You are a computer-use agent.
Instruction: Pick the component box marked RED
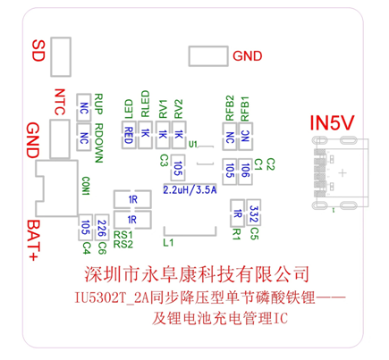click(130, 135)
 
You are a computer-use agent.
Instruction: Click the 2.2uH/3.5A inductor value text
click(190, 189)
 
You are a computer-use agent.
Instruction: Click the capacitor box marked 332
click(255, 213)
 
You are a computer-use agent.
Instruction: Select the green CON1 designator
click(86, 186)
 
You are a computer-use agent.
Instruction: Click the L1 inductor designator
click(167, 242)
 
